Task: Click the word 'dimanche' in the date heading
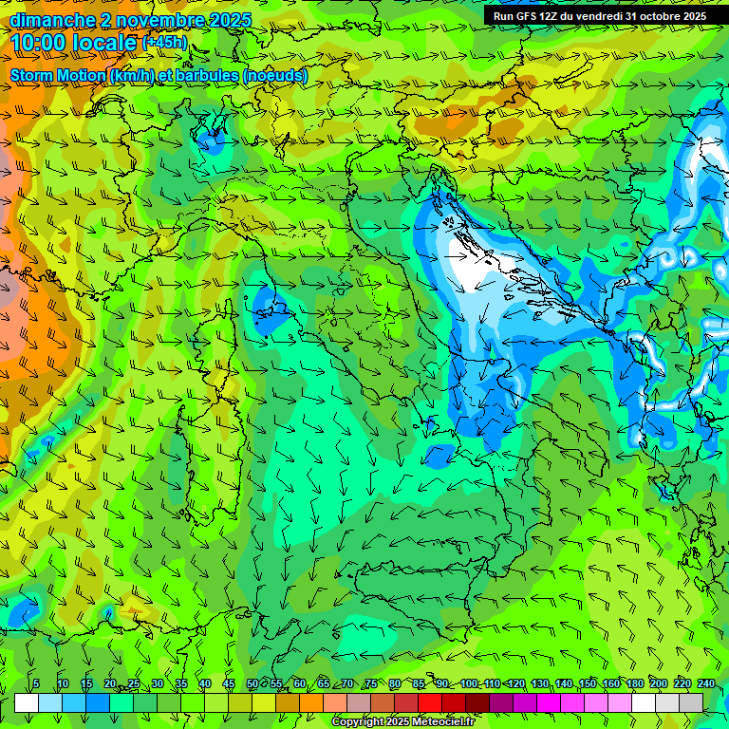click(x=47, y=20)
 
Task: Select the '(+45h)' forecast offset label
click(x=164, y=43)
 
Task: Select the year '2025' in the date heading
click(x=230, y=20)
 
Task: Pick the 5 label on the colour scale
click(x=36, y=684)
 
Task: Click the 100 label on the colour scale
click(x=469, y=684)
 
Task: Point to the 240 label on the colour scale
click(x=706, y=684)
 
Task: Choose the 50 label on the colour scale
click(x=252, y=684)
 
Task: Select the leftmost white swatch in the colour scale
click(x=27, y=702)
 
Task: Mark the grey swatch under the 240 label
click(x=691, y=702)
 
